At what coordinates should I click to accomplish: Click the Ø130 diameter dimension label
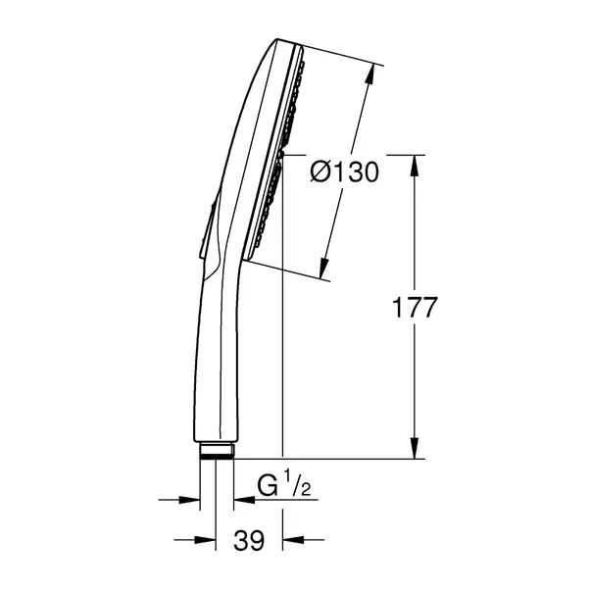(344, 172)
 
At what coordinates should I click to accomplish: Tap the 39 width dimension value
(250, 540)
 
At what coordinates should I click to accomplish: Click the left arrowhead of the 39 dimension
(208, 539)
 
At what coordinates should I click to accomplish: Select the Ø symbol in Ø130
(320, 172)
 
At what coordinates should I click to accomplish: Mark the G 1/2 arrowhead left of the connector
(190, 500)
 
